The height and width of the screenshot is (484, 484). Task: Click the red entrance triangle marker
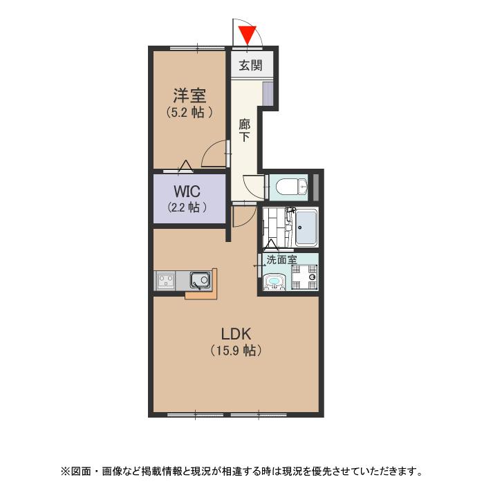coord(248,35)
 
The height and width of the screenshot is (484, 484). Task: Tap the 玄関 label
coord(250,66)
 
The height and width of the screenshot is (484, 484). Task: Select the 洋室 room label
coord(189,95)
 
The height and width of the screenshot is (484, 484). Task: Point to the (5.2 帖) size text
coord(189,112)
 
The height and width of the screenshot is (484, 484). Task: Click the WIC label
coord(187,192)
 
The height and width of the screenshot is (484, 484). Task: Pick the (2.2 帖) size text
coord(187,207)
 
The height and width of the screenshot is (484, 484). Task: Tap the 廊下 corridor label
coord(245,131)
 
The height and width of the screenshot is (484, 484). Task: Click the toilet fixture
coord(291,187)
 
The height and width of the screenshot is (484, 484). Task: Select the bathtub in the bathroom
coord(306,227)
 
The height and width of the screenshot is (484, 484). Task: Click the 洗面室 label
coord(281,259)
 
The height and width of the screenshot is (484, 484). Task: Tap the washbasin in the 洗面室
coord(274,282)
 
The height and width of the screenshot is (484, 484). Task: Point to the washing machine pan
coord(305,277)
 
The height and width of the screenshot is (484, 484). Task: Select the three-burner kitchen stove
coord(166,280)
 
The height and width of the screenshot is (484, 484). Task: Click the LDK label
coord(236,334)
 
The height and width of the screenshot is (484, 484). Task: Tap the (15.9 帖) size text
coord(236,351)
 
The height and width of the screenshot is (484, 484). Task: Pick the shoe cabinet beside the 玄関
coord(268,93)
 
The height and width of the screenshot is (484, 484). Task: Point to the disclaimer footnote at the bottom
coord(242,472)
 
